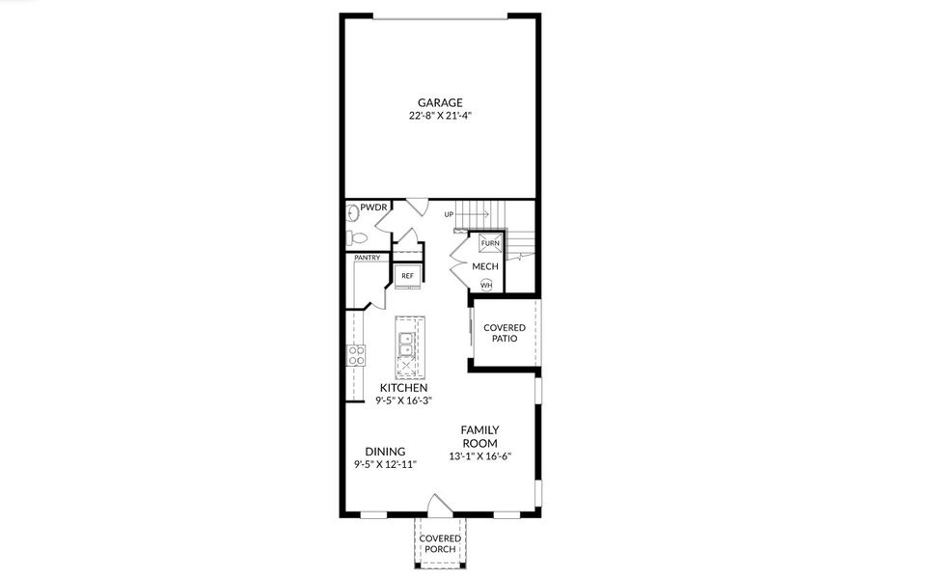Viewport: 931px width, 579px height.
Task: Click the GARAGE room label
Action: point(440,102)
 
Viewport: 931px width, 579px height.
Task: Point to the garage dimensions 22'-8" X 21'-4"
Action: point(440,116)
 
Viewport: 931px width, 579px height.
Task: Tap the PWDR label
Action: point(373,207)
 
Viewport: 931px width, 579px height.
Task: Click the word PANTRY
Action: point(367,258)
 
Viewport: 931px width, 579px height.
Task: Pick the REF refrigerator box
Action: point(407,276)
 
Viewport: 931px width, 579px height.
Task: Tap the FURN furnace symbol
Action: point(487,244)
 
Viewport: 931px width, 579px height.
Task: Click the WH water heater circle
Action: point(486,285)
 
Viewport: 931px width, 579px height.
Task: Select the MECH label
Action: point(484,265)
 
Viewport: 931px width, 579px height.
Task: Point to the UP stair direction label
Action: point(450,214)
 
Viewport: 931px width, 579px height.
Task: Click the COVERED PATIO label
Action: point(505,334)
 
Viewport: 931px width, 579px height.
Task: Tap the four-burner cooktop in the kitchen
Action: point(355,354)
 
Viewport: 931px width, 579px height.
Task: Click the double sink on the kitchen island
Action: point(406,344)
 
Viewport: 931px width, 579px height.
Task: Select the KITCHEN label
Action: point(403,387)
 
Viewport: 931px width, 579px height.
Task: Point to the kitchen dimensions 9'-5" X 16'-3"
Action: point(403,400)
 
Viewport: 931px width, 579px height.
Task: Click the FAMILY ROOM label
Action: point(479,436)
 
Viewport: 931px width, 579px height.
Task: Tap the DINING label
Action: point(385,451)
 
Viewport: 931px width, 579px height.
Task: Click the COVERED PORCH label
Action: point(440,543)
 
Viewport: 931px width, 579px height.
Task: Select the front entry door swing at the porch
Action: point(439,504)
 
